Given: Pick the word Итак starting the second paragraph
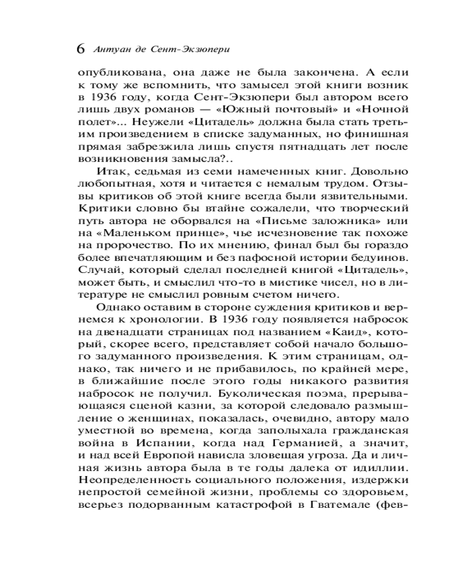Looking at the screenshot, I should point(109,171).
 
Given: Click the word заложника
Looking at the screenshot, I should point(336,222).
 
